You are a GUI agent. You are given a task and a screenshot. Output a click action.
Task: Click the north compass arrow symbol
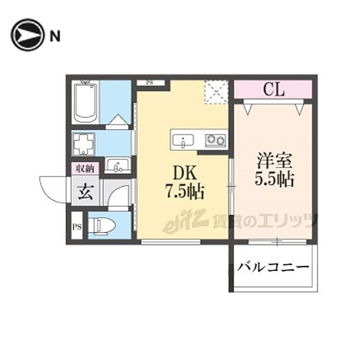coord(27,35)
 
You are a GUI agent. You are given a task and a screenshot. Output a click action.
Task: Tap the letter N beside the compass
coord(55,35)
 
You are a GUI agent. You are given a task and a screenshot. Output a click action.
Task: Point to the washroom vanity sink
coord(118,166)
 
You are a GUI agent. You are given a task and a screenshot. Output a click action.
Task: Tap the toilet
coord(103,225)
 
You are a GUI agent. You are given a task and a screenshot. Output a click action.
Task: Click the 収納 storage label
coord(85,168)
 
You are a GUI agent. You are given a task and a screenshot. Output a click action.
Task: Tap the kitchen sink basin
coord(183,140)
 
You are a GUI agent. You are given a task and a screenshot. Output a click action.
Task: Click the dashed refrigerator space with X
coord(216,93)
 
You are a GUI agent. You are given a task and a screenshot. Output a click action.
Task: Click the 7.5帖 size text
coord(184,193)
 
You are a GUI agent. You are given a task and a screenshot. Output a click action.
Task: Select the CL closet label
coord(274,89)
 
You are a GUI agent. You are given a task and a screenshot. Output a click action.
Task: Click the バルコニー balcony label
coord(274,268)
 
